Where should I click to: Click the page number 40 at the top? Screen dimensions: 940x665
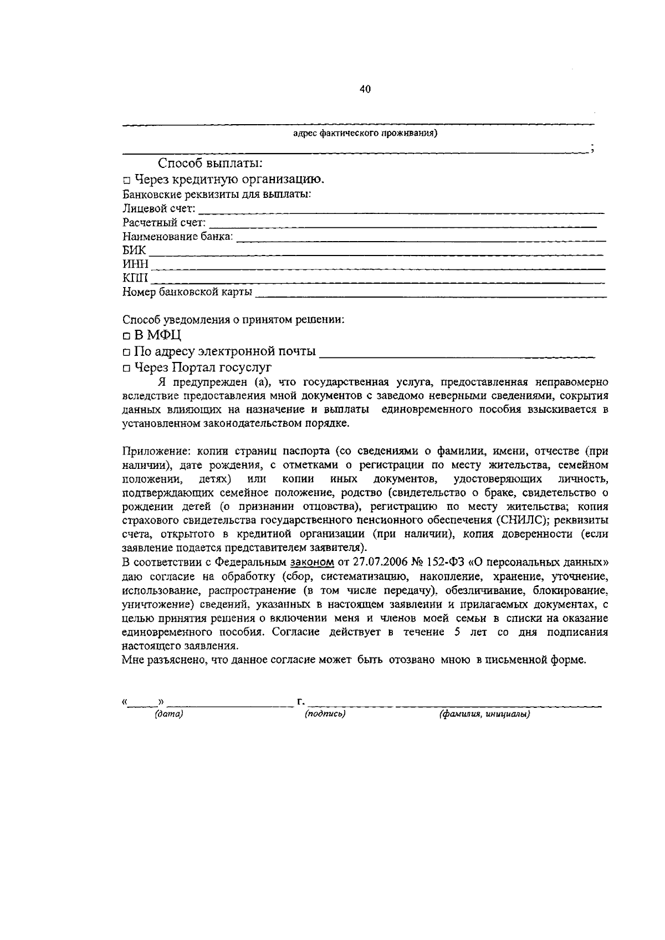click(x=365, y=89)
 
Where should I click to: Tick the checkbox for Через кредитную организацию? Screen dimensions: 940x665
click(x=126, y=180)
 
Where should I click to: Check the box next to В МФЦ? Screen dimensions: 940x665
click(x=126, y=336)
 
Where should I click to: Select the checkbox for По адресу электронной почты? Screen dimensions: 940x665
click(x=126, y=352)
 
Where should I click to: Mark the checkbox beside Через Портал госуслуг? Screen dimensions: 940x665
click(x=126, y=368)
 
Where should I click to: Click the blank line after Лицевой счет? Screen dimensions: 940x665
click(x=401, y=211)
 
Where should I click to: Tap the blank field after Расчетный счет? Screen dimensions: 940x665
click(x=403, y=225)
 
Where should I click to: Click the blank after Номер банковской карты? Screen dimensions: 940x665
click(x=430, y=294)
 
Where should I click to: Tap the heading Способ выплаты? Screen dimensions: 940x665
click(x=210, y=164)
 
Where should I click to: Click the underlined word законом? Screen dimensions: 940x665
click(x=312, y=563)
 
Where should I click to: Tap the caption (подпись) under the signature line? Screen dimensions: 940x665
click(x=325, y=714)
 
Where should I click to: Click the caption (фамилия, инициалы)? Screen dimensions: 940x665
click(x=485, y=714)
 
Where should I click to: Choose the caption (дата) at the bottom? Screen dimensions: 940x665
click(x=169, y=714)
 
